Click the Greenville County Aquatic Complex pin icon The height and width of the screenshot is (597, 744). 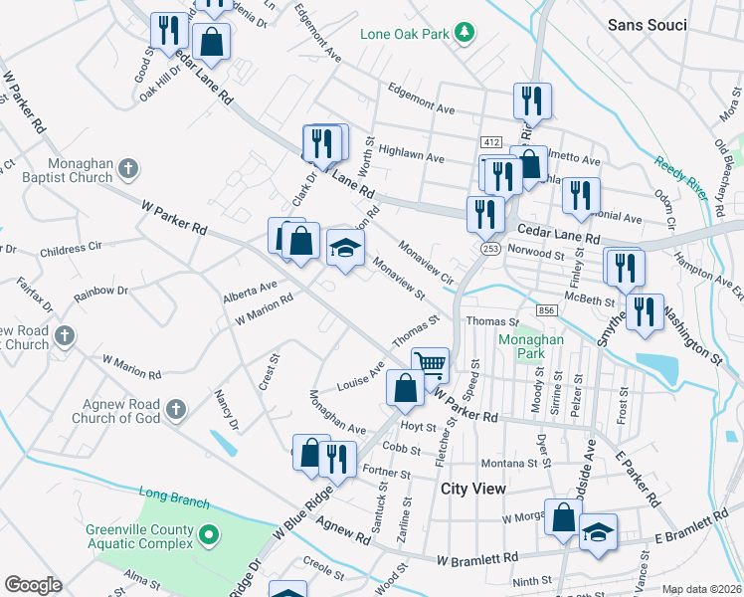pyautogui.click(x=208, y=536)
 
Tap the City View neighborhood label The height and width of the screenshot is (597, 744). pyautogui.click(x=473, y=489)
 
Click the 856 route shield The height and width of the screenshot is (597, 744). pyautogui.click(x=546, y=311)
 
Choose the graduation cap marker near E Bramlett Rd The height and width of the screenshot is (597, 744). pyautogui.click(x=598, y=531)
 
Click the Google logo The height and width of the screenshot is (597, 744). pyautogui.click(x=33, y=585)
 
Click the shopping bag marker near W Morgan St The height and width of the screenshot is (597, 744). pyautogui.click(x=564, y=518)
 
